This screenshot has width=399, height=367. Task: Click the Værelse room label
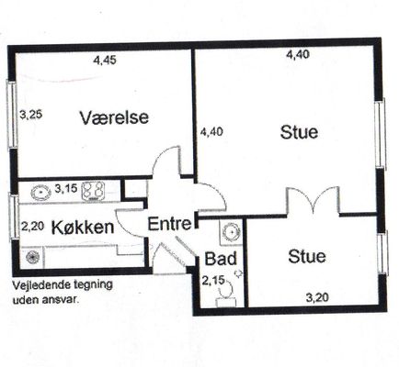[114, 117]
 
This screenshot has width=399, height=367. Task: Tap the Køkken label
[83, 228]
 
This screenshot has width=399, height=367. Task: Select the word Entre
[169, 224]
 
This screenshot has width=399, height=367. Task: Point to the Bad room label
[221, 259]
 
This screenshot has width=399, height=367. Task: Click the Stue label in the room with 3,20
[307, 256]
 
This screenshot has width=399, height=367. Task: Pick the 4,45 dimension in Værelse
[105, 61]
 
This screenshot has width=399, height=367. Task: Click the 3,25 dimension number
[31, 116]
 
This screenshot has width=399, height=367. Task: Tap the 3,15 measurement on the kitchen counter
[66, 188]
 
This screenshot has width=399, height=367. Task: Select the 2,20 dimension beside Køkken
[33, 227]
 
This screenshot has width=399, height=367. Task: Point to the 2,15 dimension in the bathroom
[213, 280]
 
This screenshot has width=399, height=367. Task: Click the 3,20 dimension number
[317, 297]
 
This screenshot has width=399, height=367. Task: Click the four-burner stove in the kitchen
[93, 191]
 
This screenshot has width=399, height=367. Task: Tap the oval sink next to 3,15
[40, 193]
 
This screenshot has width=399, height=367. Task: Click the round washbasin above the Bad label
[232, 231]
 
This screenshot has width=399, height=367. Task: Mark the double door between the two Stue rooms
[313, 200]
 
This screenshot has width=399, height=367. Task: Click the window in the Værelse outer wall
[12, 114]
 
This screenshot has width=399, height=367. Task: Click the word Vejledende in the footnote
[39, 285]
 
